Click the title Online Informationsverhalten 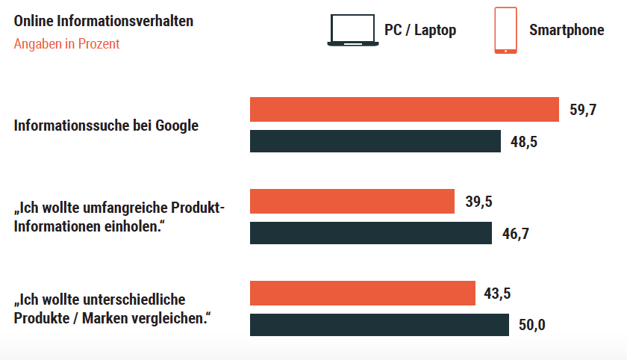(104, 21)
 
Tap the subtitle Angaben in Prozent (67, 44)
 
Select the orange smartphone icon (505, 31)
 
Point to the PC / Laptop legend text (420, 31)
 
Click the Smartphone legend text (567, 31)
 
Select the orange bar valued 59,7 (404, 109)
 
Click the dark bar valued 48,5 (375, 141)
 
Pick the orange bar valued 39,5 (352, 201)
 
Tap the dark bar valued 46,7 (370, 233)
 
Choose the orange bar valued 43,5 (362, 293)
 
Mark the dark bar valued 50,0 (378, 325)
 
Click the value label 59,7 (583, 110)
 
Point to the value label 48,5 (524, 142)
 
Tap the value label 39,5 (478, 202)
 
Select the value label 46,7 (515, 234)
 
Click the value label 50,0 (532, 326)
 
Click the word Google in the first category (177, 125)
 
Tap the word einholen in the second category (131, 225)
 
